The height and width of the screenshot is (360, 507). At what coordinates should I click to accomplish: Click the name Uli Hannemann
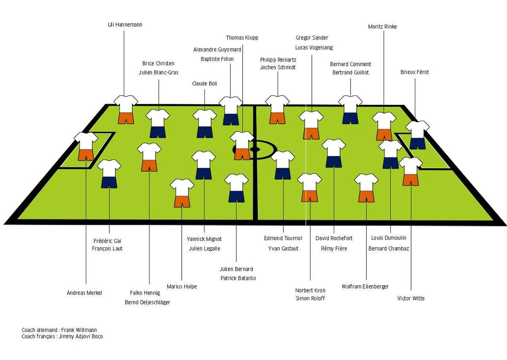point(125,25)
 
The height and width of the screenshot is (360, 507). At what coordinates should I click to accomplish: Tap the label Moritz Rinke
point(382,27)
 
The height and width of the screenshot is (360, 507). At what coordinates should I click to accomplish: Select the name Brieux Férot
point(414,72)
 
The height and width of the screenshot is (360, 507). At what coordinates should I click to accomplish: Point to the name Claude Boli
point(204,84)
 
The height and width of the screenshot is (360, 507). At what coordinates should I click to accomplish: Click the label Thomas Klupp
point(242,38)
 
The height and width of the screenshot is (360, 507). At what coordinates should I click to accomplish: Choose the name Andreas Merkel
point(84,293)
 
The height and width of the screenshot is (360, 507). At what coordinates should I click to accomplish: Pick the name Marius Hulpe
point(182,286)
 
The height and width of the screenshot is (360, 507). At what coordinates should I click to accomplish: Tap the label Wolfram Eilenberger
point(365,286)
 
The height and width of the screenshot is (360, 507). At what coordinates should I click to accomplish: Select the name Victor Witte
point(411,298)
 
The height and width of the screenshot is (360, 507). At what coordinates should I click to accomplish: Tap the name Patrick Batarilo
point(238,278)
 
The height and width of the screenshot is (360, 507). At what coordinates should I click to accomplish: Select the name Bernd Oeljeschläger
point(147,302)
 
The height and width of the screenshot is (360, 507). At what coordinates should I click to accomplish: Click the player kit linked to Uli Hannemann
point(126,109)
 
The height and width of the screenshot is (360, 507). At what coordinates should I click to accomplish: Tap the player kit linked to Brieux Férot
point(417,135)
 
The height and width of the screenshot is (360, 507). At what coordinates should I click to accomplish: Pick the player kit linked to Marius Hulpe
point(182,193)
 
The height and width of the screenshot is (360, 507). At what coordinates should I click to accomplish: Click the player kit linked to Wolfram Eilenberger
point(366,188)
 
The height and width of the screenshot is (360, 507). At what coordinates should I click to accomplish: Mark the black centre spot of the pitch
point(255,149)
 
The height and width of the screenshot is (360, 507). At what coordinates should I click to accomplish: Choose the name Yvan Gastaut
point(283,248)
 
